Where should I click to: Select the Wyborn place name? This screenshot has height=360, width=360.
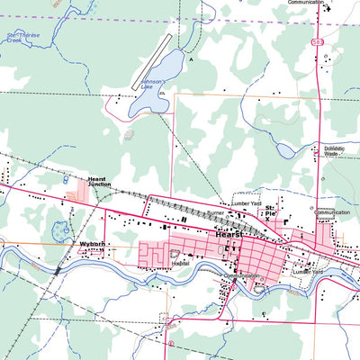[x=93, y=244]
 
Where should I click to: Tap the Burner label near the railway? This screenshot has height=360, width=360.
[x=215, y=213]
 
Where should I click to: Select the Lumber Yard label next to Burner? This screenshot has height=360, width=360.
[x=246, y=204]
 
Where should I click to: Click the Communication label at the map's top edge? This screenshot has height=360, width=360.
[x=305, y=3]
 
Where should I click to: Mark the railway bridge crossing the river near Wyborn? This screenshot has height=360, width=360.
[x=58, y=267]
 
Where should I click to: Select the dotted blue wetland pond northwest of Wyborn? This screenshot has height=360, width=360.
[x=61, y=230]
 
